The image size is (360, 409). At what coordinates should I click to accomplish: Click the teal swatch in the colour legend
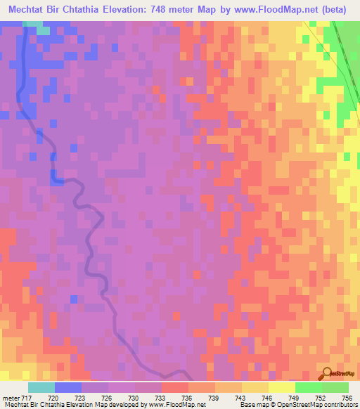coord(41,388)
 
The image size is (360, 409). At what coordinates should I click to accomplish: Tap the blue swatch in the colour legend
coord(68,388)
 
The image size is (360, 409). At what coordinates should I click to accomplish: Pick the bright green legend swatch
coord(308,388)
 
